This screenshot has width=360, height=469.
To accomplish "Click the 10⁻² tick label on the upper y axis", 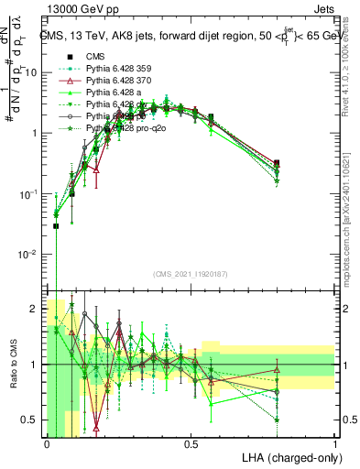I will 28,254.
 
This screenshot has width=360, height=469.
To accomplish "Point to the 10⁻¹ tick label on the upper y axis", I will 28,193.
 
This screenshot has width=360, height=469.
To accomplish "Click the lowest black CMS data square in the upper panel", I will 56,225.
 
